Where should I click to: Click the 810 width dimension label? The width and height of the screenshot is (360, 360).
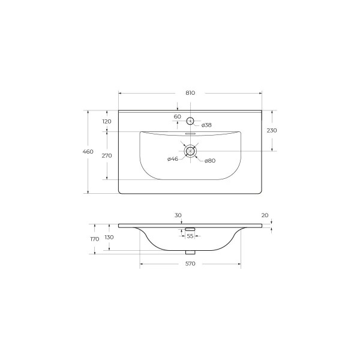pos(190,93)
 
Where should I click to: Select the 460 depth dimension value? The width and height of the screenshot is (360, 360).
pos(88,152)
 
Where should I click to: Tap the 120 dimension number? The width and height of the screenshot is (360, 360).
pos(107,122)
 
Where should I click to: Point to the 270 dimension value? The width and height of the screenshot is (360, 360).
pos(107,155)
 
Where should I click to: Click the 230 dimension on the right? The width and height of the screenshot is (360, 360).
pos(272,130)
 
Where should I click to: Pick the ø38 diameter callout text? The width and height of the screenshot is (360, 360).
pos(206,125)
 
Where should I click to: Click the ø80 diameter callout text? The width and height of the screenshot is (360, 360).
pos(210,161)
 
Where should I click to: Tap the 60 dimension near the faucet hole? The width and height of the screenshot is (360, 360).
pos(178,116)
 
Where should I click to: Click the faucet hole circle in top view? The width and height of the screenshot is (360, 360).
pos(190,118)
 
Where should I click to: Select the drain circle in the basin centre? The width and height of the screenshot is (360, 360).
pos(190,151)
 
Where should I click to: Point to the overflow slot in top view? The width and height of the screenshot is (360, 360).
pos(190,134)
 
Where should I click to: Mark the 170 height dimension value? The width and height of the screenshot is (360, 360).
pos(94,239)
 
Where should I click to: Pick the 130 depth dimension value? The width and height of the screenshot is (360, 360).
pos(109,238)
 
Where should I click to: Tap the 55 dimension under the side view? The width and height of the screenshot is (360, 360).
pos(190,236)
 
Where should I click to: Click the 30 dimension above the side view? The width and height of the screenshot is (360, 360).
pos(178,214)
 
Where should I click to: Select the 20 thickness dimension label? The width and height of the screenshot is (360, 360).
pos(265,215)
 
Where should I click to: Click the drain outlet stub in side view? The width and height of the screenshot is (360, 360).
pos(190,252)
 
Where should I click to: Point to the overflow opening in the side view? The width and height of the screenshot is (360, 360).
pos(190,229)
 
